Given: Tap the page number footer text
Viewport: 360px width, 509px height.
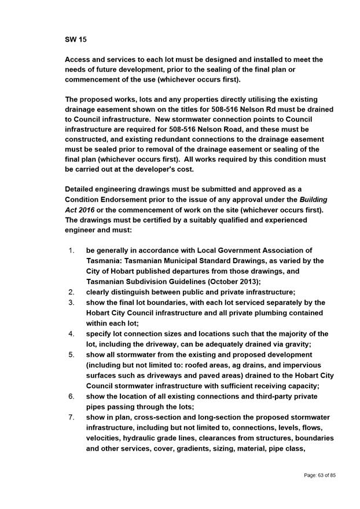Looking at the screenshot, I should (320, 475).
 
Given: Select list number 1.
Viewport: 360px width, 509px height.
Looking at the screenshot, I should (71, 250).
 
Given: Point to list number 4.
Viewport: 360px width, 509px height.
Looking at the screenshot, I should (71, 334).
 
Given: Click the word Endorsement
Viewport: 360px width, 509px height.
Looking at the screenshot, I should (134, 199).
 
